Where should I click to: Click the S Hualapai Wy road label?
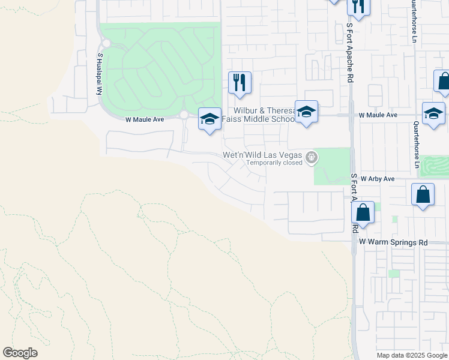[x=100, y=73]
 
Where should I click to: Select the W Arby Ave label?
[x=377, y=179]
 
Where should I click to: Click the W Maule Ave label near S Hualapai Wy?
[x=145, y=119]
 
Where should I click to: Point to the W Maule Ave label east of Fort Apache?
[x=378, y=115]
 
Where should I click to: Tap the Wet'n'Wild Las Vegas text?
[x=263, y=154]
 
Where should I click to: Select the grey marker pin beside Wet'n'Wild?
[x=311, y=158]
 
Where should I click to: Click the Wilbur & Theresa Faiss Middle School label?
[x=258, y=115]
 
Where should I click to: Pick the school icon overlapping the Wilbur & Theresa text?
[x=306, y=112]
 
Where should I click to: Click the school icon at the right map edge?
[x=433, y=113]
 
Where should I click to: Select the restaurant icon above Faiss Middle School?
[x=240, y=82]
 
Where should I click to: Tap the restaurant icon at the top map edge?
[x=358, y=6]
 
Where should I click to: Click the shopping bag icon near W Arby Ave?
[x=423, y=194]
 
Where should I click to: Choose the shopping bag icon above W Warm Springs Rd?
[x=363, y=212]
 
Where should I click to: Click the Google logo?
[x=20, y=353]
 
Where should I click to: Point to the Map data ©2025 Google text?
[x=411, y=355]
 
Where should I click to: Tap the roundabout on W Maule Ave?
[x=184, y=115]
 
